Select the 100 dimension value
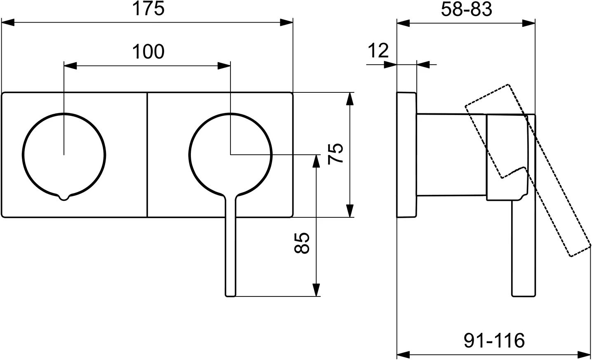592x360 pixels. click(148, 52)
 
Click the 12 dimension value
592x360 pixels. click(378, 50)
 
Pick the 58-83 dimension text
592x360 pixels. click(466, 9)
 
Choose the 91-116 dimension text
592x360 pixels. click(494, 341)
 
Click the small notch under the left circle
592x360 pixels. click(63, 197)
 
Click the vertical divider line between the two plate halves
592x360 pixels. click(147, 155)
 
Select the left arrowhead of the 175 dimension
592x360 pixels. click(8, 22)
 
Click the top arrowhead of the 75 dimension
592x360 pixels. click(350, 99)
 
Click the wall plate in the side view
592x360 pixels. click(406, 155)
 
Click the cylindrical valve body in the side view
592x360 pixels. click(451, 155)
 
